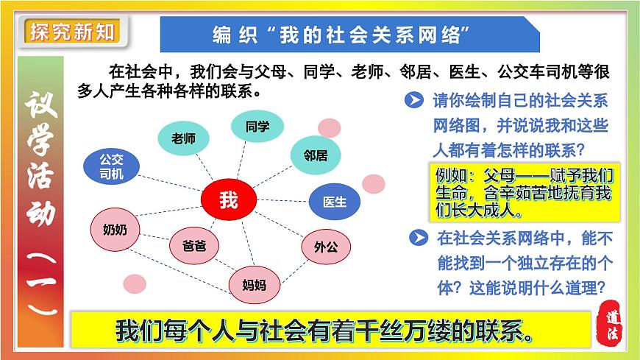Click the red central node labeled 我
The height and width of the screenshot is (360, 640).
[x=228, y=200]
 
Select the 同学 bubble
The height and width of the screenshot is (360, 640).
[x=257, y=127]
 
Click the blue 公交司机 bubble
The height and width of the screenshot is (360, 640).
[x=112, y=167]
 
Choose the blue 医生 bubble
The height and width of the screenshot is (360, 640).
[x=334, y=201]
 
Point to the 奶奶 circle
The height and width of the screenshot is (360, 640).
[x=115, y=230]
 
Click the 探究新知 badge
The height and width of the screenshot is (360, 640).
[x=71, y=32]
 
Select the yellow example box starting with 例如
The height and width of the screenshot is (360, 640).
[x=523, y=191]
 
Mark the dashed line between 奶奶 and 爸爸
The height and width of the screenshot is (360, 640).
[x=154, y=239]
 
